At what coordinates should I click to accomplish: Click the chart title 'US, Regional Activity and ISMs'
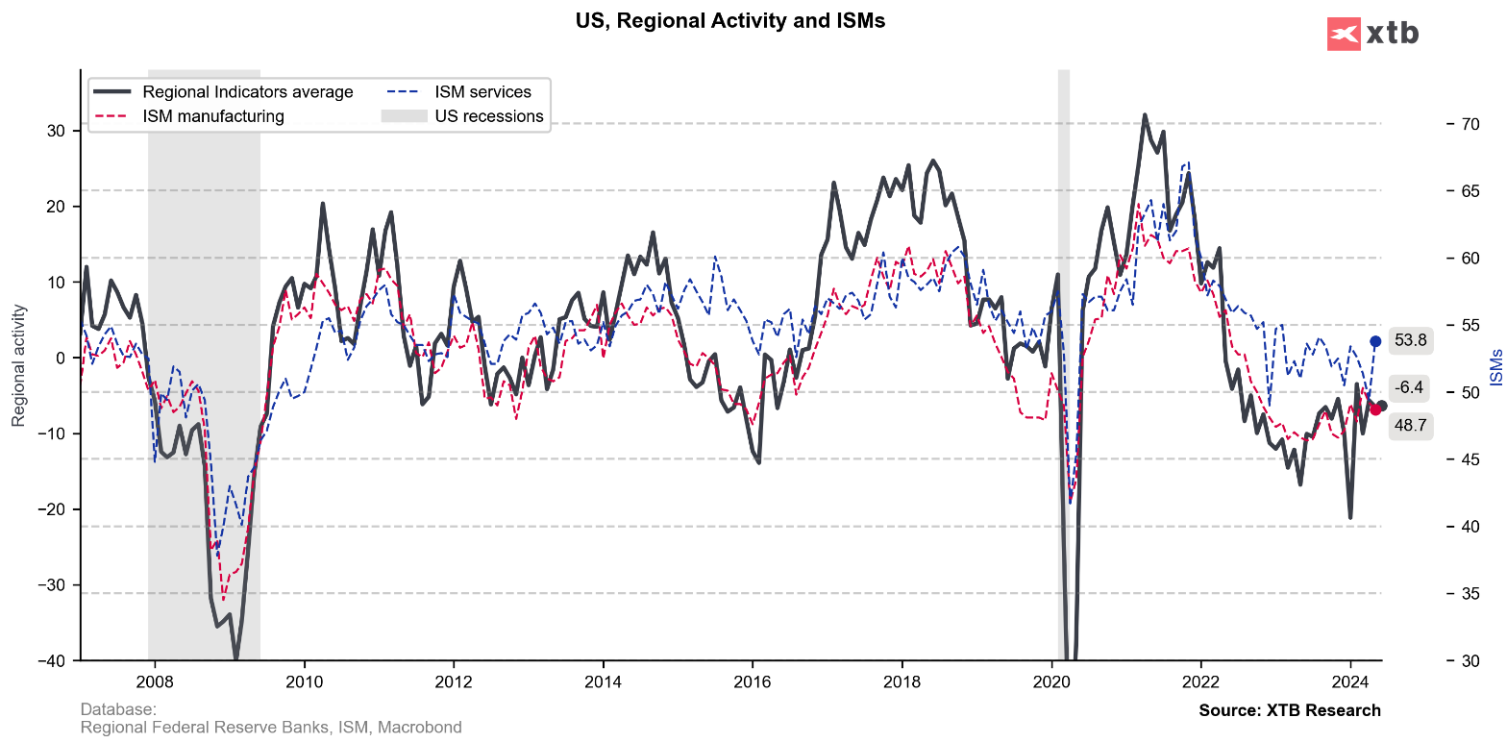[729, 21]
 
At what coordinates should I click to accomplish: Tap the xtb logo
[1372, 34]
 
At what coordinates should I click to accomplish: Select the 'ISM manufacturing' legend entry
[212, 116]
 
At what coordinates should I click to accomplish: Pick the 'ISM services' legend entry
[482, 92]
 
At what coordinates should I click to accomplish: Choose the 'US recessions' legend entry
[488, 116]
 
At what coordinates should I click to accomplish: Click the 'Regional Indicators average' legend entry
[247, 92]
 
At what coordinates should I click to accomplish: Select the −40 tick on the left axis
[52, 661]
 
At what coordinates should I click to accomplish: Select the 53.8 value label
[1410, 340]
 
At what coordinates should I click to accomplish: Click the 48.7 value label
[1410, 424]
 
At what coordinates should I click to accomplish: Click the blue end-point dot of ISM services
[1375, 341]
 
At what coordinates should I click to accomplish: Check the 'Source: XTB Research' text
[1289, 710]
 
